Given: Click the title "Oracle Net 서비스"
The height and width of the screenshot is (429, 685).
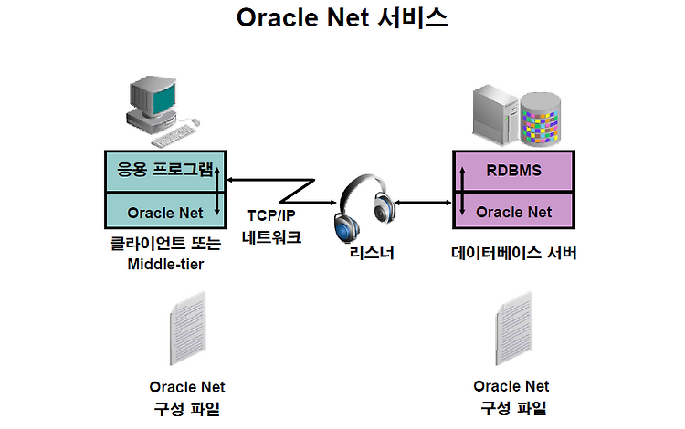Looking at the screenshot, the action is (x=342, y=18).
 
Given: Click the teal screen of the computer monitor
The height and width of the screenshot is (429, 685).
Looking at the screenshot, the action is (x=163, y=99).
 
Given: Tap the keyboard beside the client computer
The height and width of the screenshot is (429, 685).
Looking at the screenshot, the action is (x=172, y=136).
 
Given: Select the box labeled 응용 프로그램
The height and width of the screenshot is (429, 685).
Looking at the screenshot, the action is (x=165, y=171).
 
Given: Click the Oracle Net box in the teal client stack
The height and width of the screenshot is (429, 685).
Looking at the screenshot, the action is (x=165, y=210).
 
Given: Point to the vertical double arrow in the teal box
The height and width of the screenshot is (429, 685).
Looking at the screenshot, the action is (x=217, y=191).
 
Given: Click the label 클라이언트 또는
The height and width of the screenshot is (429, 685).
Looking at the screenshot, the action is (x=165, y=243).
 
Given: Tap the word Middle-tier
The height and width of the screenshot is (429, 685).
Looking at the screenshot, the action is (x=165, y=264).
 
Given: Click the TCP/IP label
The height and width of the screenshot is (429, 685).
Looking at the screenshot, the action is (x=271, y=215).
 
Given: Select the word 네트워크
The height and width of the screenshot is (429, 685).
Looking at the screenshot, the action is (x=271, y=237).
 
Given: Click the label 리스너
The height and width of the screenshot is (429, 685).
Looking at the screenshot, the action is (x=372, y=253).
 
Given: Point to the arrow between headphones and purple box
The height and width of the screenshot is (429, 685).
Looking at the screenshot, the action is (x=423, y=203).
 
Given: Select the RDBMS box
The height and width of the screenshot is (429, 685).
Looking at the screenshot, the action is (x=513, y=171).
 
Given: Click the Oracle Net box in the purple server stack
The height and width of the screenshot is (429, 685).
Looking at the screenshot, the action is (x=513, y=210).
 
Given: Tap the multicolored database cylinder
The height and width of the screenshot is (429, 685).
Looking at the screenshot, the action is (x=541, y=120).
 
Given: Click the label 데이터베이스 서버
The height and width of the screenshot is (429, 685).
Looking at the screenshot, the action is (x=513, y=253).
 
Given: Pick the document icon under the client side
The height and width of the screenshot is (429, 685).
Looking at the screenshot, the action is (x=188, y=329).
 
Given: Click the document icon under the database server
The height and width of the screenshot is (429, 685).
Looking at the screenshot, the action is (x=514, y=329).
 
